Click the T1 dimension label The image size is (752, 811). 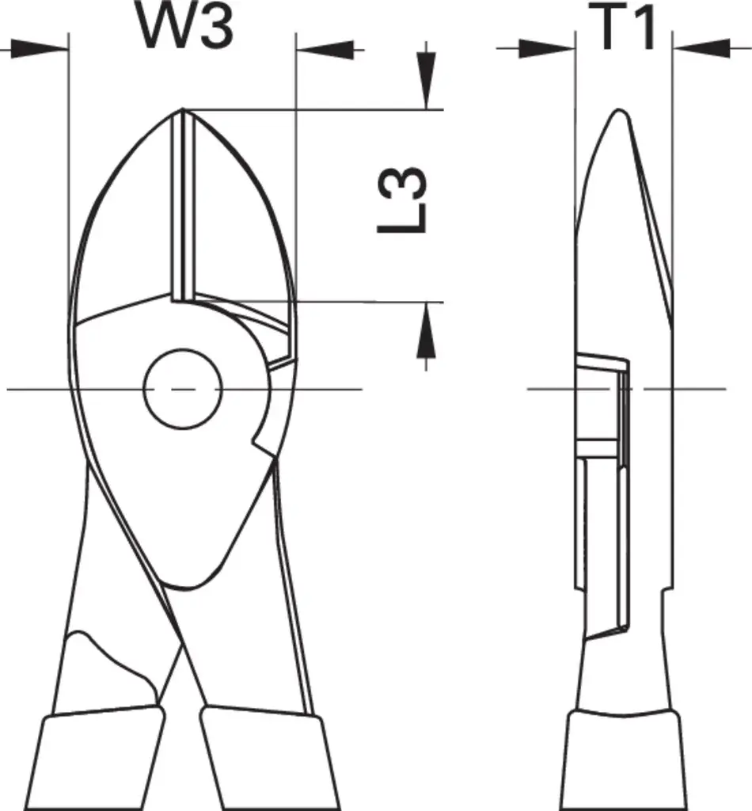click(622, 26)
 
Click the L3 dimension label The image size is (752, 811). click(402, 200)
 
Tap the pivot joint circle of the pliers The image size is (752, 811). click(183, 389)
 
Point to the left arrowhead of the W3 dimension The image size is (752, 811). click(40, 50)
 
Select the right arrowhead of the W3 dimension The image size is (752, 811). click(325, 50)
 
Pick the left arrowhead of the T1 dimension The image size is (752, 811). click(547, 48)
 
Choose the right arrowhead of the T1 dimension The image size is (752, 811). click(701, 48)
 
